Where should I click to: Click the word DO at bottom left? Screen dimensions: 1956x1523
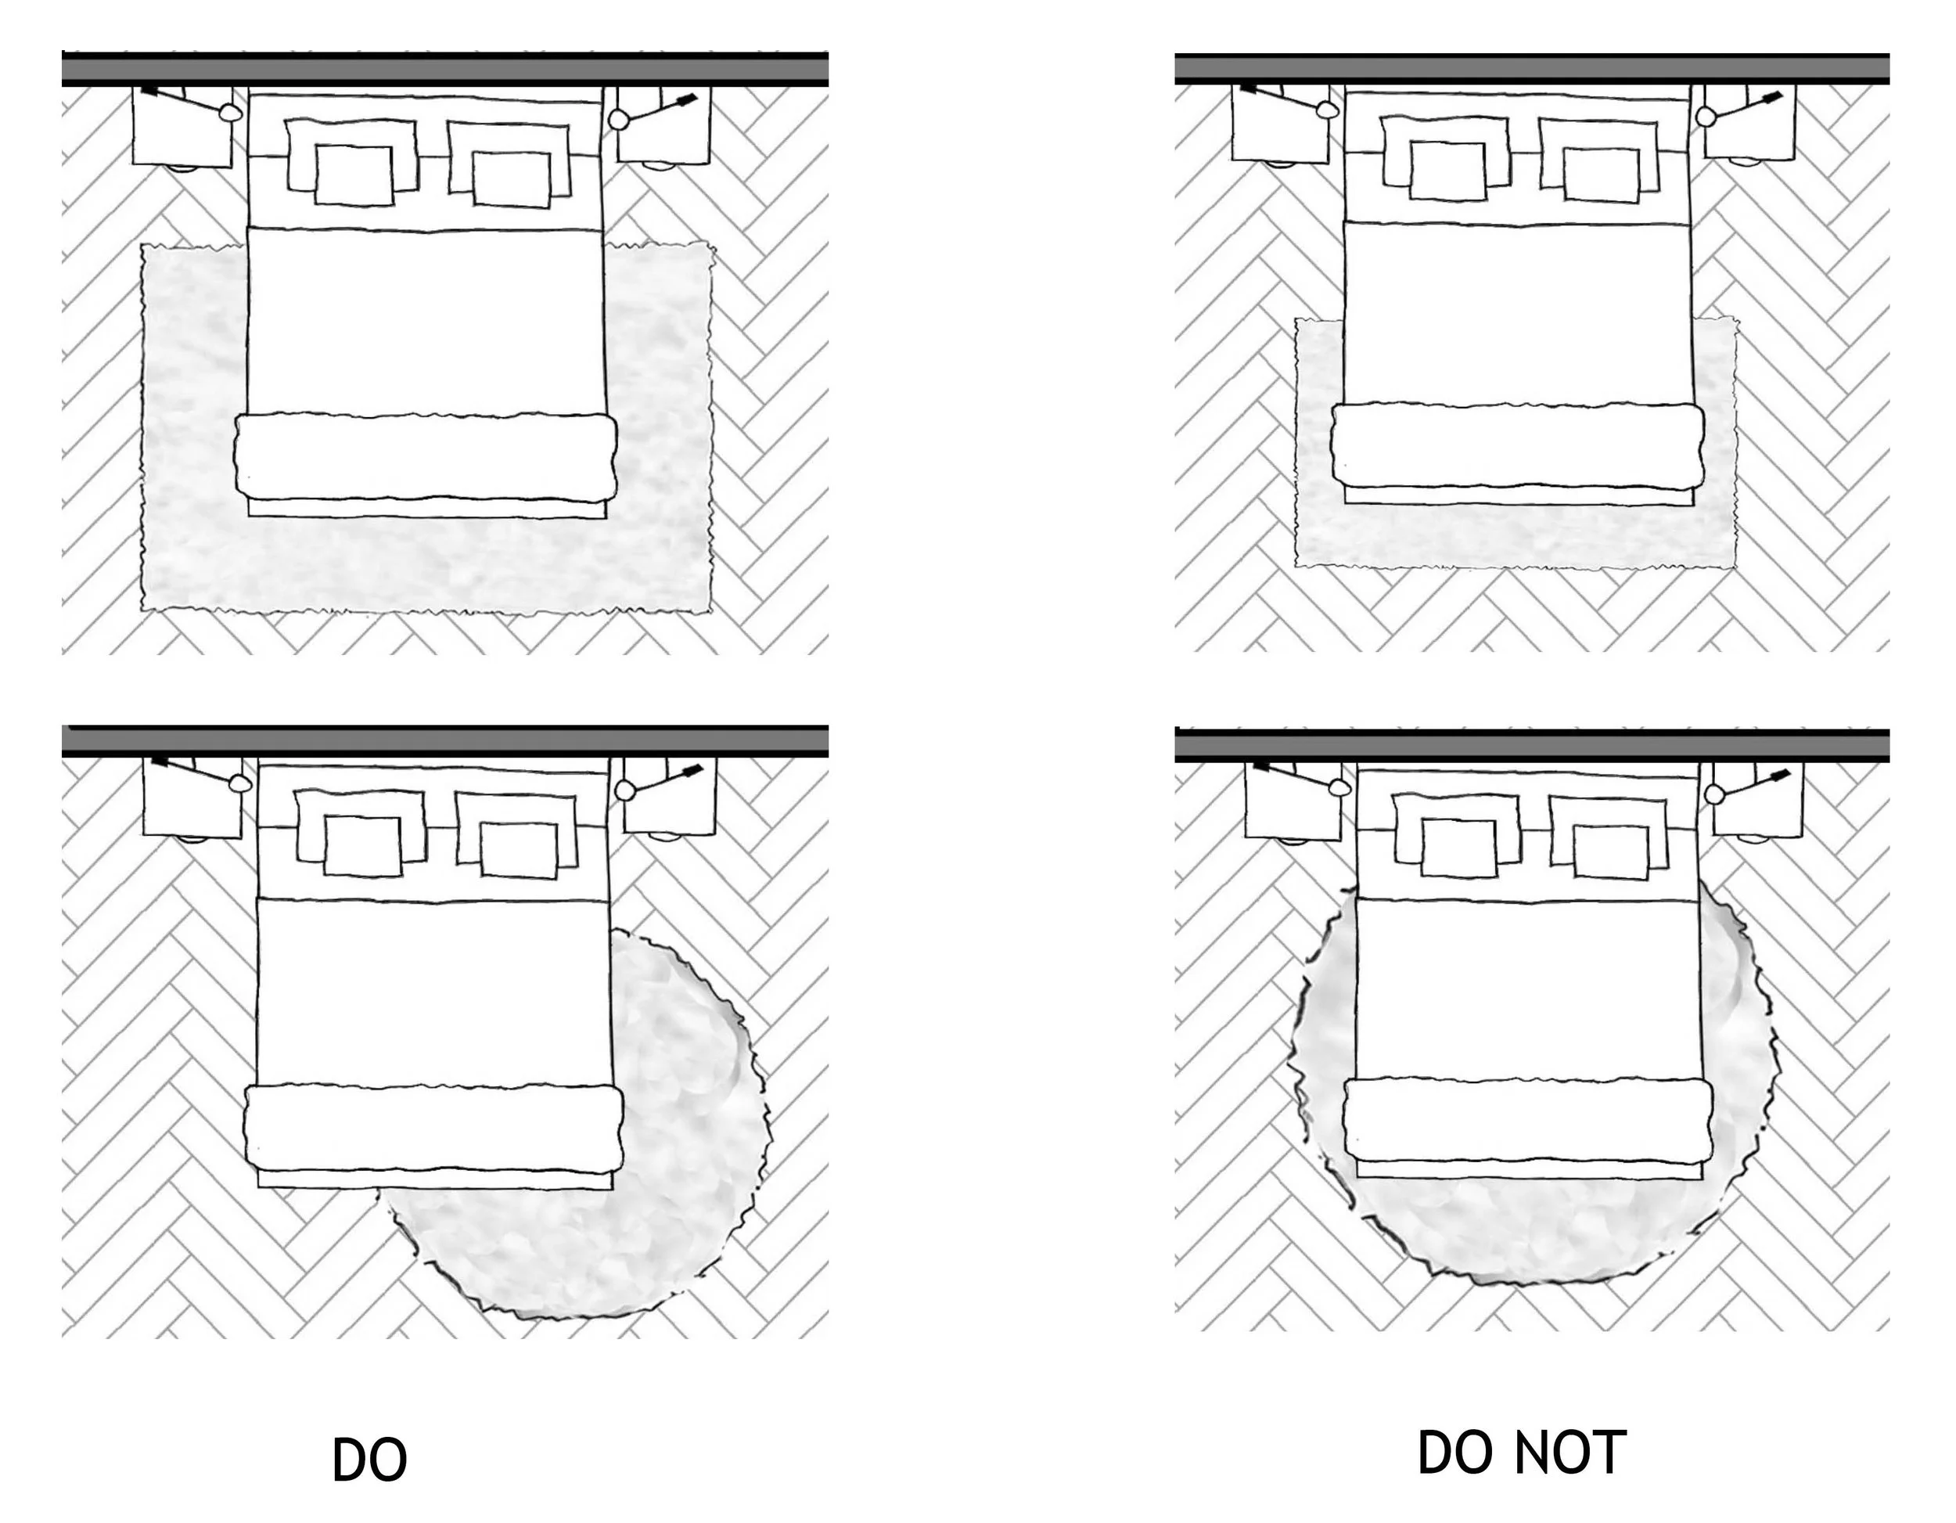tap(369, 1460)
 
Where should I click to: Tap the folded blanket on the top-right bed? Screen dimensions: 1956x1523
tap(1517, 445)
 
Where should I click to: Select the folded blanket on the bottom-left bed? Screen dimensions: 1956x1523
tap(433, 1127)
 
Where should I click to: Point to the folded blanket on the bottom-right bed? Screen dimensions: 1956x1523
tap(1528, 1120)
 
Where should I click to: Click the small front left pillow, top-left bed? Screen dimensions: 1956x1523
tap(353, 175)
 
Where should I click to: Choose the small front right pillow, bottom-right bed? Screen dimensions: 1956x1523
tap(1610, 851)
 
